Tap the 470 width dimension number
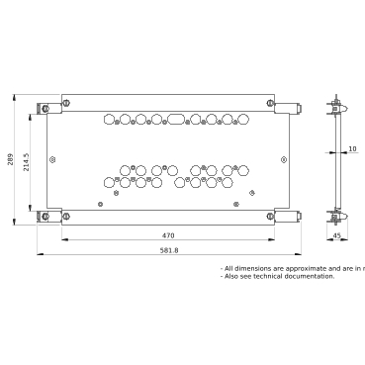(x=168, y=235)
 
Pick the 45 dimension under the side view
(x=336, y=236)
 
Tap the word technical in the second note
(x=279, y=276)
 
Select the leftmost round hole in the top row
(x=110, y=119)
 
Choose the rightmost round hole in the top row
(x=240, y=119)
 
